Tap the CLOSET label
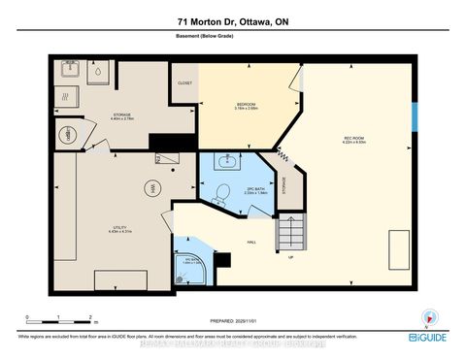tap(184, 83)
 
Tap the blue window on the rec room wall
tap(415, 118)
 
